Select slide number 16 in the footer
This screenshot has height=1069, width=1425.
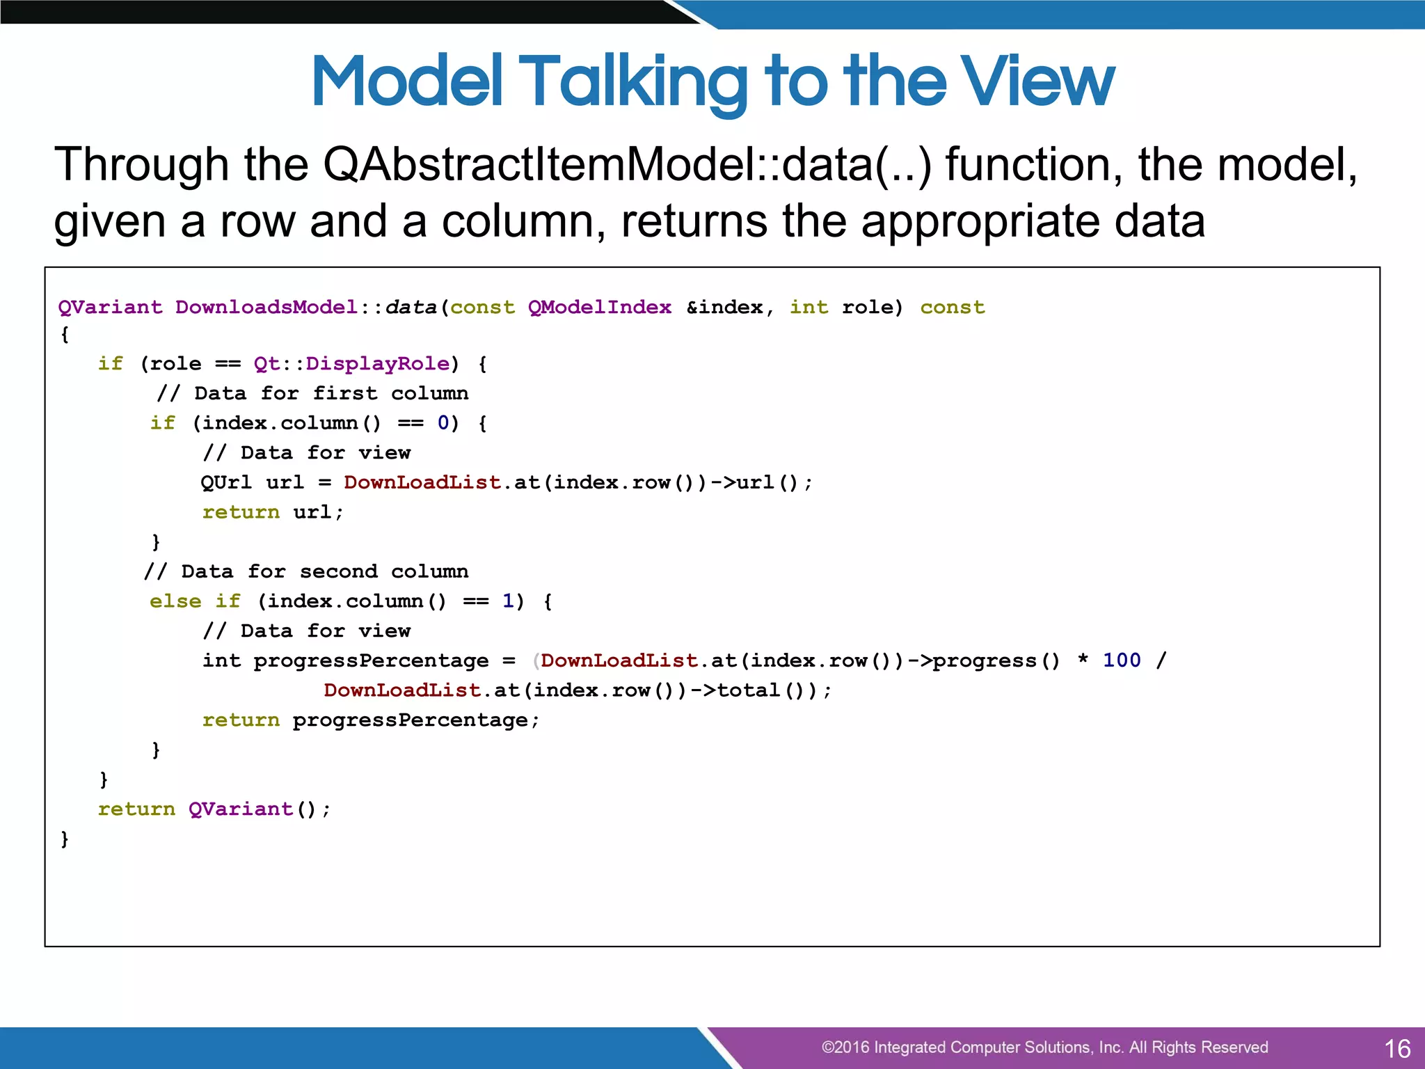[1397, 1048]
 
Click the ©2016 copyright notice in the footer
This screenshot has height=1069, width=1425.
[1044, 1047]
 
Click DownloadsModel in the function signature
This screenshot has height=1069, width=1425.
[266, 307]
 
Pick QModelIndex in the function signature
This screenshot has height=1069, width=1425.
[600, 307]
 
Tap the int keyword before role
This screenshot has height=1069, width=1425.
[809, 307]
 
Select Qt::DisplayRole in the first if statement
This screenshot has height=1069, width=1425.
[351, 363]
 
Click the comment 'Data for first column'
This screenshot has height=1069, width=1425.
[312, 393]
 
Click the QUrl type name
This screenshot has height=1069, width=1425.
[226, 482]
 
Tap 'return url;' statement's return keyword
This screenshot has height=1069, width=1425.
[241, 512]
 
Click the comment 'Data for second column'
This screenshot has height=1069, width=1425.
[306, 571]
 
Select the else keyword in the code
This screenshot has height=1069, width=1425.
[175, 601]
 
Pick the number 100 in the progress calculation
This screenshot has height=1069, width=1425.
[1122, 660]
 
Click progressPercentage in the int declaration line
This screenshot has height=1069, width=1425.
[371, 660]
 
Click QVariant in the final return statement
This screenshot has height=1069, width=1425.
[241, 809]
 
